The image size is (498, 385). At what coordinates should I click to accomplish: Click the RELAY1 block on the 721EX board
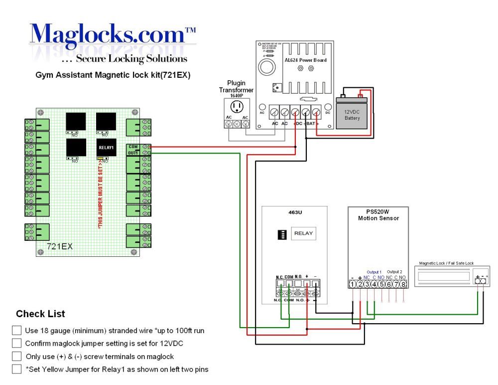pos(106,148)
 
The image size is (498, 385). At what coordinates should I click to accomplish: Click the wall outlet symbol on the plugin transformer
pos(237,107)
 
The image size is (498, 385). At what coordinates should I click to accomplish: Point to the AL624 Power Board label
pos(305,60)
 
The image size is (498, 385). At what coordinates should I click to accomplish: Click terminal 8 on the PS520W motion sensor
pos(403,284)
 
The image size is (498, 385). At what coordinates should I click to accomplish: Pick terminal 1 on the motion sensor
pos(352,284)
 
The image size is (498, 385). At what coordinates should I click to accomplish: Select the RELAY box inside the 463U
pos(303,233)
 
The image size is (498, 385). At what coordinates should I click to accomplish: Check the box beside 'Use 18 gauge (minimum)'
pos(17,330)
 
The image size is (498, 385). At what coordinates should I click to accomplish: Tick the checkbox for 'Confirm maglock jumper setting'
pos(17,343)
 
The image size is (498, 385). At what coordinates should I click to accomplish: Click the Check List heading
pos(40,314)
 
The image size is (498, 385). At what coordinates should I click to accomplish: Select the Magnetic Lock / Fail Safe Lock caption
pos(446,263)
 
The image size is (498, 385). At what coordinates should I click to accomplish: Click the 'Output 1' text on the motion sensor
pos(374,272)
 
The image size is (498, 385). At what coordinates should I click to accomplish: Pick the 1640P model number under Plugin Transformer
pos(237,95)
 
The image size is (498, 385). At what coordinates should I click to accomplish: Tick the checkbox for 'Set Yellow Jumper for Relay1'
pos(17,370)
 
